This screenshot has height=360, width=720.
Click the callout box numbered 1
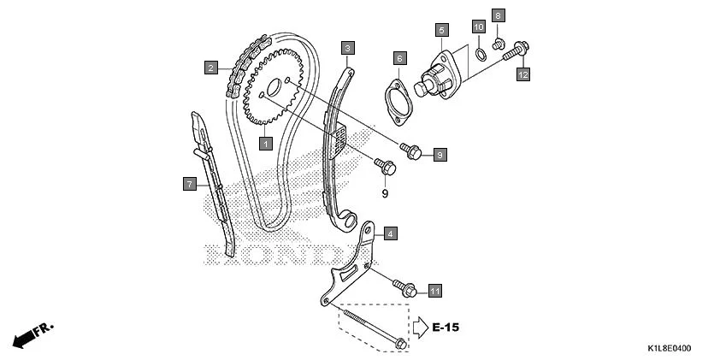[x=266, y=144]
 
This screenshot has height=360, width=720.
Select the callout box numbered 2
[x=210, y=66]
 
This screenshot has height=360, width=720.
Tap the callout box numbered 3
[x=347, y=48]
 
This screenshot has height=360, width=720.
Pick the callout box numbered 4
[x=390, y=233]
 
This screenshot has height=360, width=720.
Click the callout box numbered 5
[x=441, y=31]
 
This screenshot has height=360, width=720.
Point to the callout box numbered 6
[x=399, y=58]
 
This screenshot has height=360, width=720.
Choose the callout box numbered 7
[x=190, y=183]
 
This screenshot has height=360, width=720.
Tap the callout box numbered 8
[x=499, y=15]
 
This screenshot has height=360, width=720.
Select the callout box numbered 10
[x=479, y=27]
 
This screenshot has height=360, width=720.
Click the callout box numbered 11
[x=435, y=292]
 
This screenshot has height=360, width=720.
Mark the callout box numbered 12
[x=523, y=74]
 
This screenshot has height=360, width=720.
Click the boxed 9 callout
[x=440, y=155]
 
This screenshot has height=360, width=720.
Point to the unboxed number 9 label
[x=385, y=194]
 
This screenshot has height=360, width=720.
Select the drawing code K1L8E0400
[x=670, y=349]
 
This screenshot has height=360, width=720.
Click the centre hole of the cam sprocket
[x=273, y=88]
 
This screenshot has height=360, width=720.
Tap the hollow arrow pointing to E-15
[x=420, y=327]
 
